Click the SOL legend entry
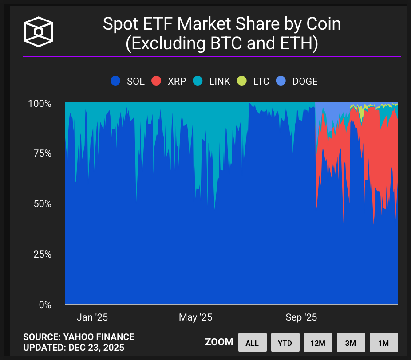point(128,81)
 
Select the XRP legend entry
point(168,81)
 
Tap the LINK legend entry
point(211,81)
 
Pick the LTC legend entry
point(253,81)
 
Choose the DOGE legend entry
point(297,81)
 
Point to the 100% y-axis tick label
point(40,104)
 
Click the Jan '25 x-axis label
point(92,317)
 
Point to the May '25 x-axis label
point(195,317)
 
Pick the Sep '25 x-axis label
point(301,317)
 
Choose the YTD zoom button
point(285,343)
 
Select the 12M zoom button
point(318,343)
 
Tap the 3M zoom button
point(351,343)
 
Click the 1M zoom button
point(383,343)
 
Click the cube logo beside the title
point(39,32)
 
